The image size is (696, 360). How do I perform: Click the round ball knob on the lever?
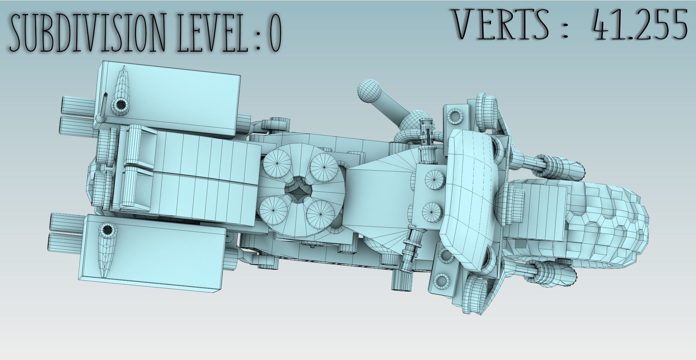click(x=370, y=91)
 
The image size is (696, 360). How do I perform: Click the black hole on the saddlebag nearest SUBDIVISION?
click(x=121, y=105)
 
